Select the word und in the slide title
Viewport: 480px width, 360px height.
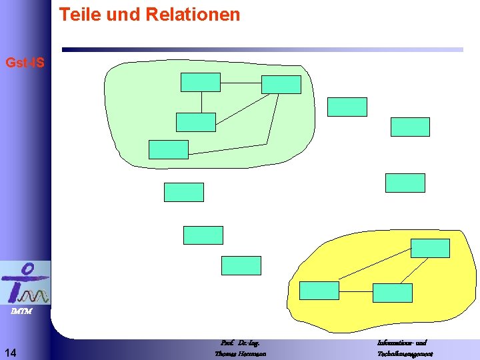click(125, 15)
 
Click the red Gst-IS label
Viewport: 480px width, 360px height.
click(25, 63)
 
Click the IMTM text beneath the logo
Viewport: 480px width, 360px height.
click(20, 311)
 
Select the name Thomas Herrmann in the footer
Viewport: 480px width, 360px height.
click(240, 354)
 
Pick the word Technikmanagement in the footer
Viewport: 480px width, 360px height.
click(405, 354)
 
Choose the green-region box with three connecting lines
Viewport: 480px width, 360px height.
click(281, 85)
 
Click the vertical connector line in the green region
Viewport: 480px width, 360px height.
click(201, 102)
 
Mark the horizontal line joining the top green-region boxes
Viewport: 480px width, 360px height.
click(241, 83)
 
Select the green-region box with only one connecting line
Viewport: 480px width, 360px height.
click(168, 149)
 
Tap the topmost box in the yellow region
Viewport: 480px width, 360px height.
click(430, 248)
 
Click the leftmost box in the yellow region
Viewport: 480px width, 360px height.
click(319, 291)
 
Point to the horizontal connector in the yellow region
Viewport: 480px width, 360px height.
click(356, 292)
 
